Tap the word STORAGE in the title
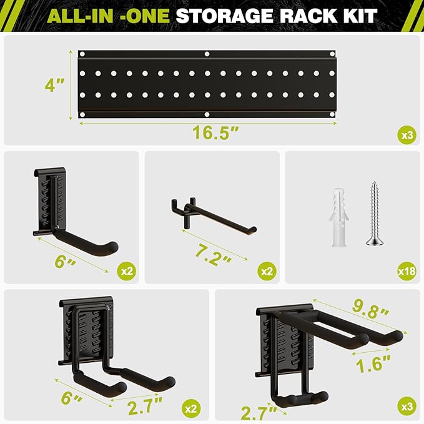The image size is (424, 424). (x=219, y=16)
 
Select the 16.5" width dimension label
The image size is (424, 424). (x=209, y=133)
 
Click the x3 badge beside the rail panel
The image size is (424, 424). (x=406, y=133)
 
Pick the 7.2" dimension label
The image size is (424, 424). (x=213, y=255)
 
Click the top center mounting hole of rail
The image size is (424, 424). (x=208, y=54)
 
